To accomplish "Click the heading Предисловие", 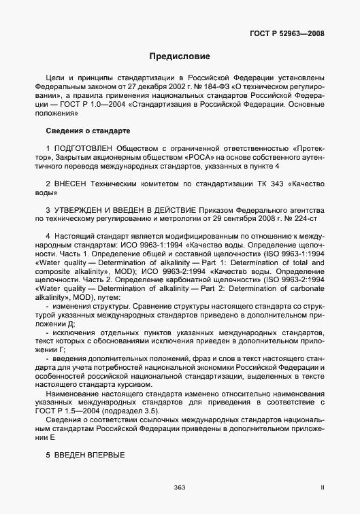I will pos(180,56).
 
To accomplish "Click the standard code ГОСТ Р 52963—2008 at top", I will pos(295,33).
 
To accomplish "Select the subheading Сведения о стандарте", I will pos(88,130).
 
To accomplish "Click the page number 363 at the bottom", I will pos(180,487).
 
